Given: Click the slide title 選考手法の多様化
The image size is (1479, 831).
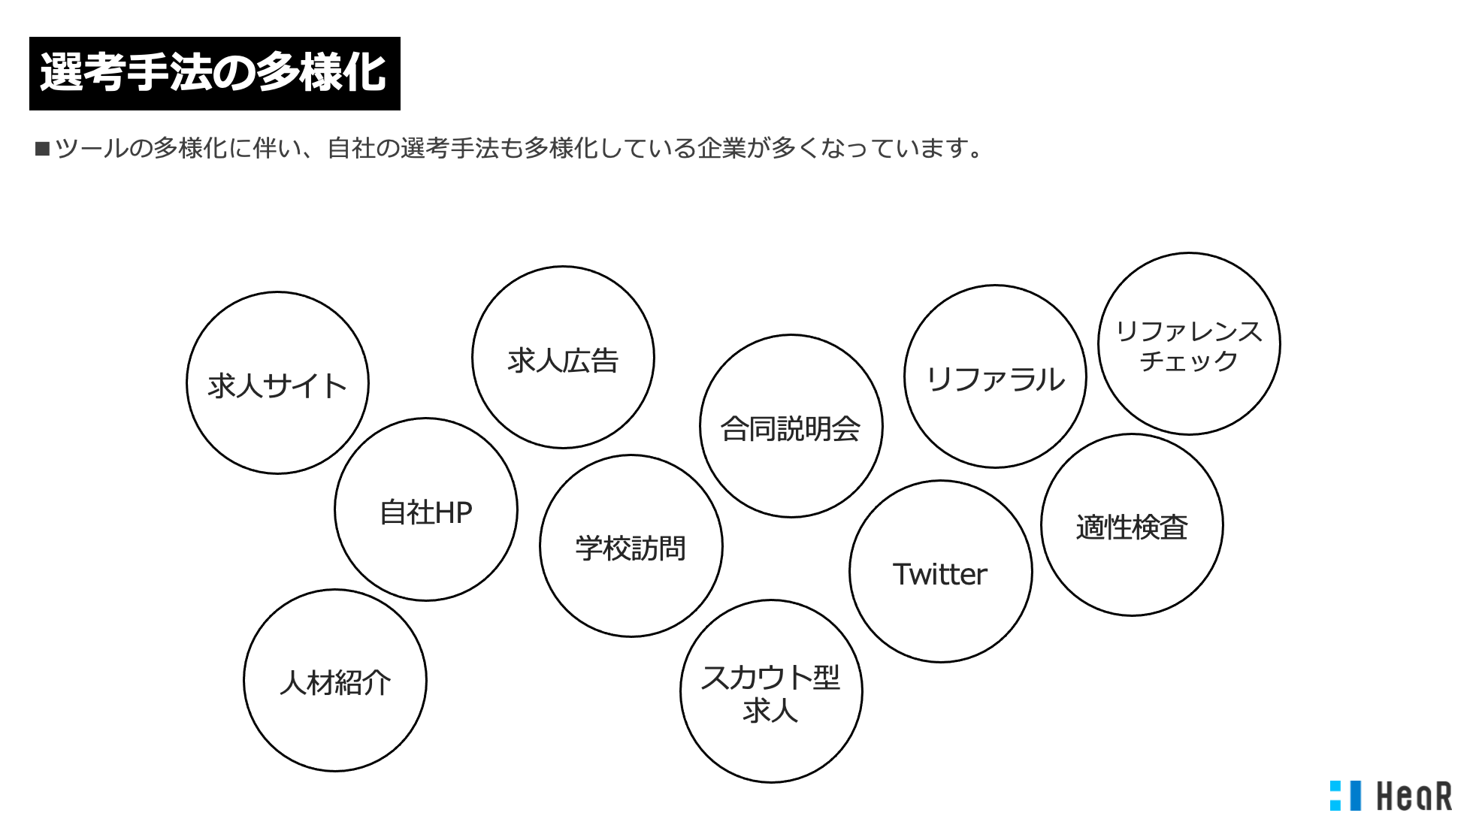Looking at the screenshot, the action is [214, 74].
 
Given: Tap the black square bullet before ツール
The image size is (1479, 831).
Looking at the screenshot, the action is [42, 149].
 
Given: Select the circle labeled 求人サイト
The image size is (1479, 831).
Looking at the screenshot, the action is [277, 383].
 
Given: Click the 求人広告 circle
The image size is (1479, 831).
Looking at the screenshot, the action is [563, 358].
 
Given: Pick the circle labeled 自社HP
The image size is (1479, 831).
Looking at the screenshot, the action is [426, 509].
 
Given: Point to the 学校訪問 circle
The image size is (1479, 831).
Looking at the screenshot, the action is [631, 546].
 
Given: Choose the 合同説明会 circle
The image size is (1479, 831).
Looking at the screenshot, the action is [791, 426].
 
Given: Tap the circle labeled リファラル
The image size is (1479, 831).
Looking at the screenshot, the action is [995, 376].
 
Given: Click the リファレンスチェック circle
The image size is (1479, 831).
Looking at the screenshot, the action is [1189, 343].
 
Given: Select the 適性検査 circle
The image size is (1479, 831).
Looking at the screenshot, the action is [1132, 525].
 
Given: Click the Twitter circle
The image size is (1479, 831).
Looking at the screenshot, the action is [940, 572].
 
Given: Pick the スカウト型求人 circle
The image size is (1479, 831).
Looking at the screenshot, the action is [771, 691].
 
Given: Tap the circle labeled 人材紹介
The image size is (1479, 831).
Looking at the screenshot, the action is [335, 681].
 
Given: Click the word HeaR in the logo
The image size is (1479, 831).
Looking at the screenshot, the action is [1414, 796].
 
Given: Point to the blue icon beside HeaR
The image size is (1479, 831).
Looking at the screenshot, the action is [1345, 796].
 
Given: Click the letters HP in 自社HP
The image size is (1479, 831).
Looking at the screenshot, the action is [453, 513].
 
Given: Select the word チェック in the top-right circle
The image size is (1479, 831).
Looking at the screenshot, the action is [1189, 361].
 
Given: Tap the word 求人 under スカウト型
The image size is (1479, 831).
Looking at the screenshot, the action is [770, 710].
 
